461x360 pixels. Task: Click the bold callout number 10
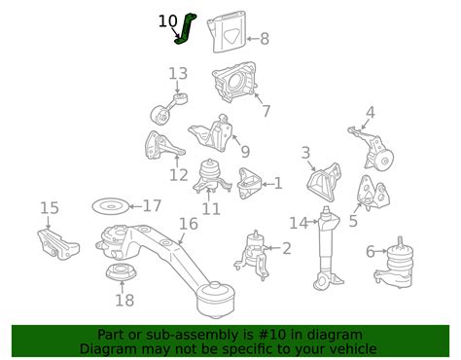pos(167,19)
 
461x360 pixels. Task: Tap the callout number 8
pos(265,40)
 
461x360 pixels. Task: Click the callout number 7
pos(266,111)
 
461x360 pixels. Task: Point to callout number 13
pos(177,73)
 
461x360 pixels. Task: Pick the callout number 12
pos(178,175)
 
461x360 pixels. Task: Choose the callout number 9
pos(245,152)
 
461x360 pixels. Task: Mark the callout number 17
pos(152,205)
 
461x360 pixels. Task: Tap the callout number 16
pos(188,223)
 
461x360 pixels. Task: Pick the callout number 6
pos(371,251)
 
